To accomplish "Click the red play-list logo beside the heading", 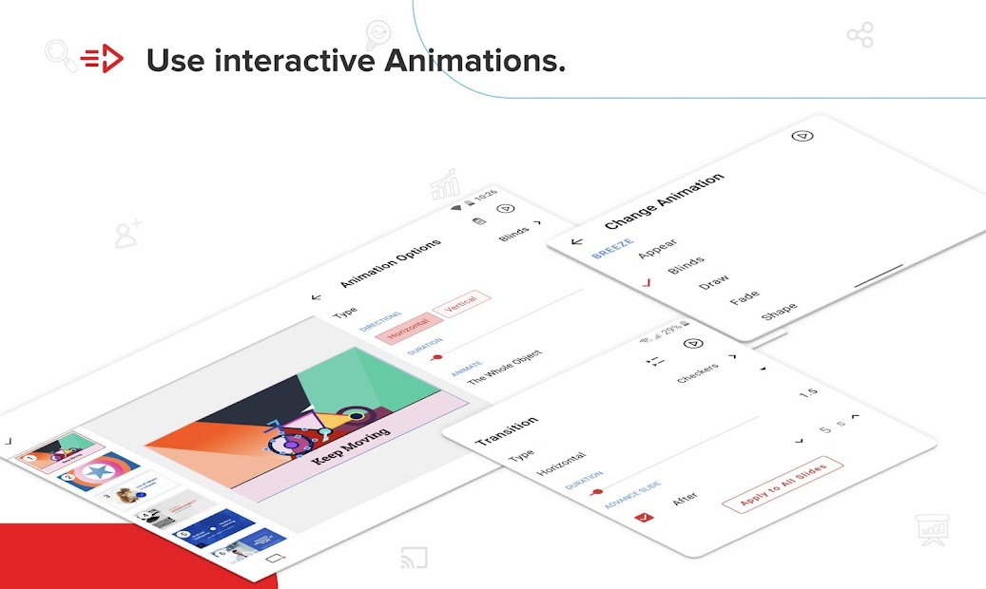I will click(102, 60).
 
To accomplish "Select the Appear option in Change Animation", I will click(658, 248).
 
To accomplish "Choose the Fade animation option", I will click(744, 298).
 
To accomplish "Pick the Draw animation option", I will click(714, 281).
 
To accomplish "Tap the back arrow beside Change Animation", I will click(576, 241).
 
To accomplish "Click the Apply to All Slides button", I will click(782, 484).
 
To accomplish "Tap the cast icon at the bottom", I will click(411, 560).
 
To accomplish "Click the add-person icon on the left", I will click(127, 234).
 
